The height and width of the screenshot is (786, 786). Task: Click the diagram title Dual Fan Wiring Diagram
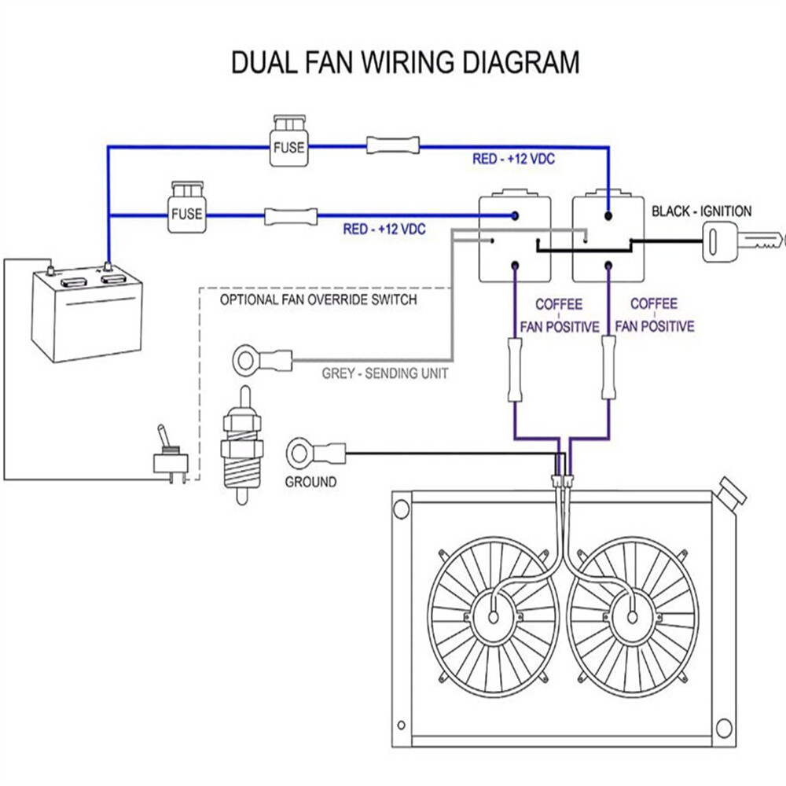[x=405, y=62]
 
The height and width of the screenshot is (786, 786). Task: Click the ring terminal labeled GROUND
[x=301, y=451]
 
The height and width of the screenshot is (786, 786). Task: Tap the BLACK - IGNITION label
[x=701, y=211]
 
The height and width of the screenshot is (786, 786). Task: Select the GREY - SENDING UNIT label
[x=384, y=373]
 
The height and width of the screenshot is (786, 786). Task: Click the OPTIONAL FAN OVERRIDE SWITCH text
[x=318, y=299]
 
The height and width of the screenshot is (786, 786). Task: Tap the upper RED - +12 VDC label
[x=513, y=159]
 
